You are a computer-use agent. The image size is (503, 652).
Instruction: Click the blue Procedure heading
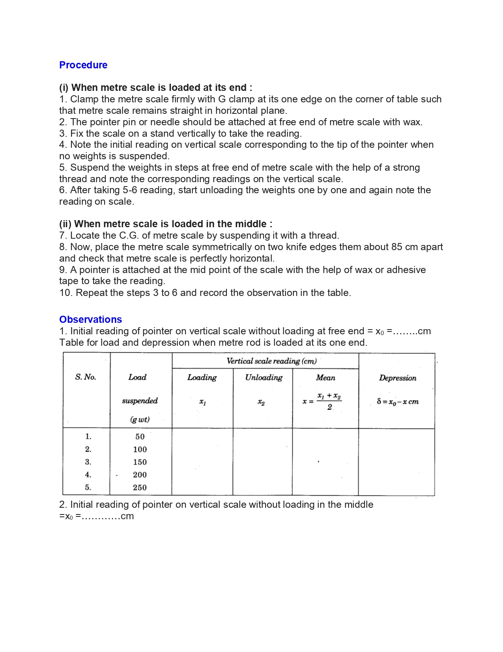pos(83,65)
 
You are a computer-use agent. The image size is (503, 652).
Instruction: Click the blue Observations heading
pos(90,319)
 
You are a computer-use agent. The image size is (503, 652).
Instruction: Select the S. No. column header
pos(86,377)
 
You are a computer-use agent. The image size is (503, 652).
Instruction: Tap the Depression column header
pos(398,378)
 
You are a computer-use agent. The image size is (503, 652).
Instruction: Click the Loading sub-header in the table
pos(202,377)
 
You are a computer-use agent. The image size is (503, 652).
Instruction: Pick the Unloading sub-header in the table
pos(264,377)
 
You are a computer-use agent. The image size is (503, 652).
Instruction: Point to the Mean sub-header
pos(325,378)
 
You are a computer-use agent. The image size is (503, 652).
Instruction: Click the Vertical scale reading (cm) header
pos(271,361)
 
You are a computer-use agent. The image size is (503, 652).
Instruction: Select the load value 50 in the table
pos(140,437)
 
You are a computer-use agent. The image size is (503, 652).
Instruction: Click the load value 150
pos(140,462)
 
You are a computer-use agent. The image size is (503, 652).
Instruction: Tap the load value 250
pos(140,488)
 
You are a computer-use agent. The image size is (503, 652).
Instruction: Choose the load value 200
pos(140,475)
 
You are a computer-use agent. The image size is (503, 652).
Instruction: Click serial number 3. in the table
pos(88,462)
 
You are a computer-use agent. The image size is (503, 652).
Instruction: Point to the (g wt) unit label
pos(140,419)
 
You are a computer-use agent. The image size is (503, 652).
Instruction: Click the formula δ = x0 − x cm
pos(398,402)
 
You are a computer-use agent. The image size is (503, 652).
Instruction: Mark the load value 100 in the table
pos(140,449)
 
